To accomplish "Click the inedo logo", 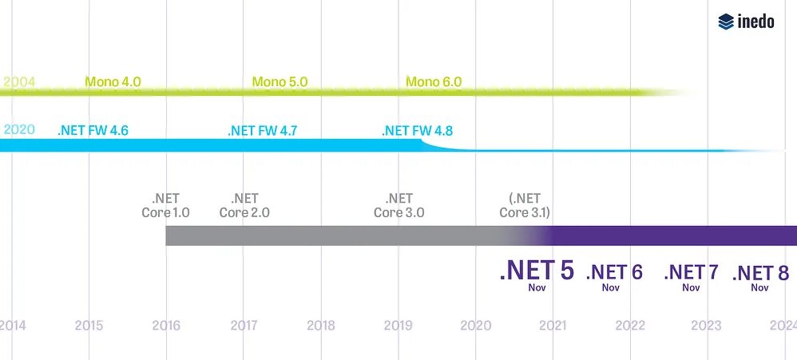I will pyautogui.click(x=746, y=22).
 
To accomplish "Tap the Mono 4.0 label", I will pyautogui.click(x=113, y=81).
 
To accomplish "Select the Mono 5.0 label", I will pyautogui.click(x=280, y=81).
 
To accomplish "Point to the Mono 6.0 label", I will pyautogui.click(x=434, y=81).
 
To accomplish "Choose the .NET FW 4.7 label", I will pyautogui.click(x=262, y=130).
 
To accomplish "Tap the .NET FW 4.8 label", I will pyautogui.click(x=417, y=130).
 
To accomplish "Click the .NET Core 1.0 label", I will pyautogui.click(x=165, y=206).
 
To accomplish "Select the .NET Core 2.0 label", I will pyautogui.click(x=244, y=206).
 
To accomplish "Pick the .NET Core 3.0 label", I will pyautogui.click(x=399, y=206).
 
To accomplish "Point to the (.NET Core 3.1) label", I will pyautogui.click(x=525, y=206).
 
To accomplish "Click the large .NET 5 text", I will pyautogui.click(x=537, y=271).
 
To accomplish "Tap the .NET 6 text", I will pyautogui.click(x=614, y=272).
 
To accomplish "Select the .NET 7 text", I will pyautogui.click(x=691, y=272).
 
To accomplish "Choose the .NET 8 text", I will pyautogui.click(x=760, y=272).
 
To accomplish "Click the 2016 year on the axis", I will pyautogui.click(x=166, y=326).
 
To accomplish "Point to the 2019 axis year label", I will pyautogui.click(x=398, y=326).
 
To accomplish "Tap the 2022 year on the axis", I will pyautogui.click(x=630, y=326).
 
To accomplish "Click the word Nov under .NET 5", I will pyautogui.click(x=537, y=287).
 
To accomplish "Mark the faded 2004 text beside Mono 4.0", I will pyautogui.click(x=18, y=81).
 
